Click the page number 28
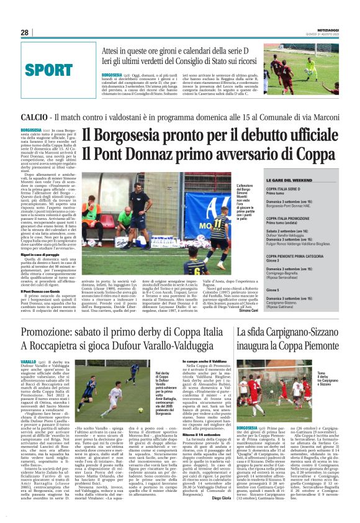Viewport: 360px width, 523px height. [x=25, y=32]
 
